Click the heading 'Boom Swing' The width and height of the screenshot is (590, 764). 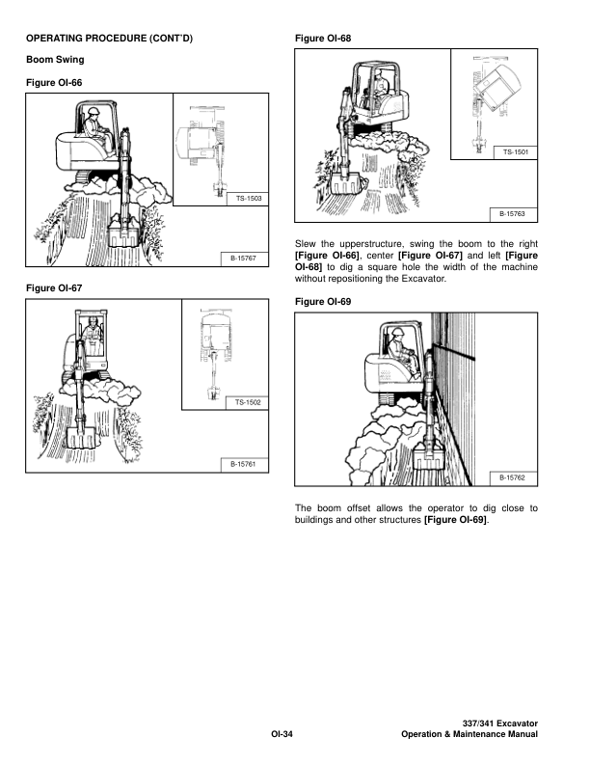coord(55,60)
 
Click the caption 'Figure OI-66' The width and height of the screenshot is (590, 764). coord(54,83)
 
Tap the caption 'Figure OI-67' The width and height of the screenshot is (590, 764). coord(54,288)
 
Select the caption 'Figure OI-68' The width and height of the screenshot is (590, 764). coord(323,39)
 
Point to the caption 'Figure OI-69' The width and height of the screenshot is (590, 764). coord(323,302)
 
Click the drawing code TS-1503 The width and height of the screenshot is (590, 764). coord(249,199)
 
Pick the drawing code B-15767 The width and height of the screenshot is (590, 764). coord(243,259)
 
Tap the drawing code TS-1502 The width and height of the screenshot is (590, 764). coord(248,402)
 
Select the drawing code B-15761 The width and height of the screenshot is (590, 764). coord(243,464)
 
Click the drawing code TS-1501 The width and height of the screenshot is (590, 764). coord(516,152)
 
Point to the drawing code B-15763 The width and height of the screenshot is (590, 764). coord(512,214)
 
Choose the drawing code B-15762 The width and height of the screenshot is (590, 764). coord(512,478)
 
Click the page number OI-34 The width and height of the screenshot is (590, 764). coord(282,734)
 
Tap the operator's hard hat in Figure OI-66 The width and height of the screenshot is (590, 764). coord(94,111)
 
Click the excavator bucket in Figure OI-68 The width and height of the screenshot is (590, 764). coord(345,182)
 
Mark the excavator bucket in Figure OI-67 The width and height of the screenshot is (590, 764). coord(81,438)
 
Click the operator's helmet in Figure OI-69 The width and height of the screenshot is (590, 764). coord(399,332)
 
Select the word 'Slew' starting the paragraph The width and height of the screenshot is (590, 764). coord(306,244)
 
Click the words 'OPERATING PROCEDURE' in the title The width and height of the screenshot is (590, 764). coord(85,39)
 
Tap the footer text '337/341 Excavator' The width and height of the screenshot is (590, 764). coord(500,724)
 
